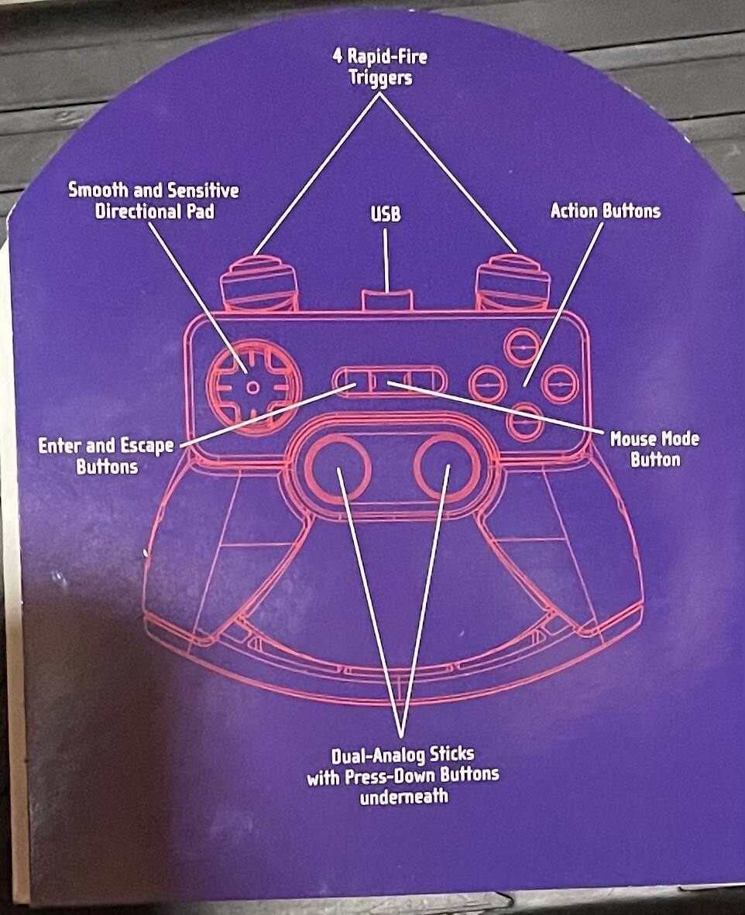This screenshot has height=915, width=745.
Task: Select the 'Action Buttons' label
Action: pyautogui.click(x=605, y=211)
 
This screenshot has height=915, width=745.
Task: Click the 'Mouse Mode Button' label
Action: pyautogui.click(x=654, y=450)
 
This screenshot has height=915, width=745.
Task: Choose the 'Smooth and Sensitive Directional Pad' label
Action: pyautogui.click(x=153, y=200)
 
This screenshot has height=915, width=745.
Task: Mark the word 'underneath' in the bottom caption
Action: pyautogui.click(x=403, y=797)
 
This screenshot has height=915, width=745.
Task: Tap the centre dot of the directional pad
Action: pyautogui.click(x=250, y=389)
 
